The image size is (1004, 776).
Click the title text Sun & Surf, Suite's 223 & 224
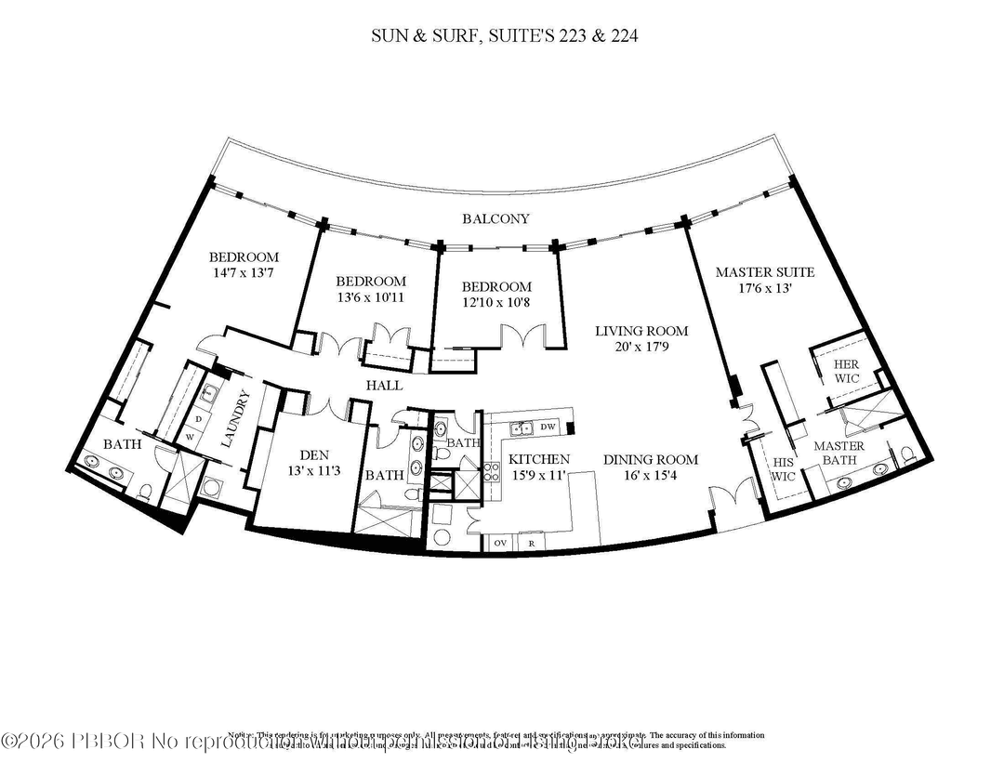[x=502, y=36]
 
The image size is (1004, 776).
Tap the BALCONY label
[x=496, y=219]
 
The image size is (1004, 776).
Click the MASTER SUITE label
[x=764, y=272]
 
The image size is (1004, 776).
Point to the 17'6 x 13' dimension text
[x=764, y=288]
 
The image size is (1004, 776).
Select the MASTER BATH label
[x=839, y=454]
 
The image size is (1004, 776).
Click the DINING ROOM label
[x=650, y=459]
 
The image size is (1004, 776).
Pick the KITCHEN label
[x=538, y=459]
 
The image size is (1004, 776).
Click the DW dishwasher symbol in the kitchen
[x=548, y=427]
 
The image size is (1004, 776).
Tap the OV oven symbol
[x=499, y=543]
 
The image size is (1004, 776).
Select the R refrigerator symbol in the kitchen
[x=531, y=543]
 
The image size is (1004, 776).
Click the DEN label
[x=310, y=454]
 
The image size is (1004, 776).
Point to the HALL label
[x=383, y=385]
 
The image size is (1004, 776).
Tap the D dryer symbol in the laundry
[x=198, y=419]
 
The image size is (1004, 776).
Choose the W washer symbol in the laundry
[x=191, y=435]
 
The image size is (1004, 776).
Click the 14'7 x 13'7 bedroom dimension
[x=244, y=273]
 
